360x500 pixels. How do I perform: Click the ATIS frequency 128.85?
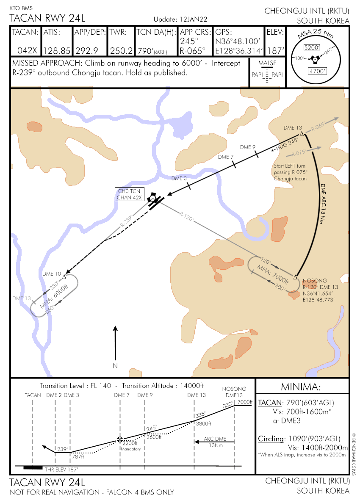tap(57, 51)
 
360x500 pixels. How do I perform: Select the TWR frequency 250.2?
tap(122, 51)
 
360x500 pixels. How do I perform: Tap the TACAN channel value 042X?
tap(27, 51)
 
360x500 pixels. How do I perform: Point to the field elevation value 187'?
tap(274, 51)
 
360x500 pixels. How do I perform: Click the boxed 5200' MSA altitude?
tap(312, 47)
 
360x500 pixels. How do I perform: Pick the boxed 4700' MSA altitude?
tap(317, 71)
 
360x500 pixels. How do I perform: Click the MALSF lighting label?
tap(267, 63)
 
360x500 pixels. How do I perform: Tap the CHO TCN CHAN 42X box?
tap(130, 194)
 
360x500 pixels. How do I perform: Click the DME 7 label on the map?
tap(225, 157)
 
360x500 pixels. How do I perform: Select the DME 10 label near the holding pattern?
tap(52, 273)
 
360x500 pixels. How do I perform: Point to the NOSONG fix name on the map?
tap(315, 281)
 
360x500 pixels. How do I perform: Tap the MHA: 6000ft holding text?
tap(54, 297)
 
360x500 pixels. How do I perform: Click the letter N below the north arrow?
tap(116, 366)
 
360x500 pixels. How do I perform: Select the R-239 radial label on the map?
tap(126, 221)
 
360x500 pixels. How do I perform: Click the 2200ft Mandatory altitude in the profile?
tap(130, 445)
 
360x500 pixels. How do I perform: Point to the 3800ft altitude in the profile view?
tap(203, 423)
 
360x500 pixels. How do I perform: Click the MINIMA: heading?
tap(301, 387)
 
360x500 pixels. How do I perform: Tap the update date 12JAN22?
tap(193, 19)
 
